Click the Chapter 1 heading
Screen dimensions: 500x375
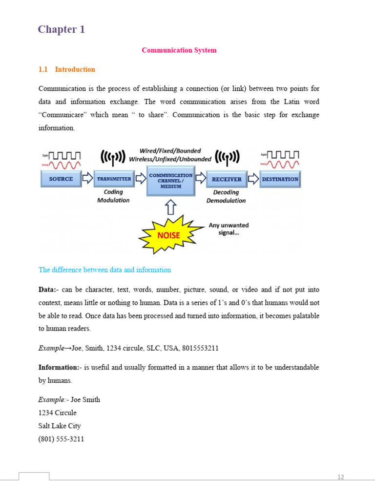click(62, 29)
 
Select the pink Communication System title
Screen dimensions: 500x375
click(179, 50)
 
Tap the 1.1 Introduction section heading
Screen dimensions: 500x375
click(66, 69)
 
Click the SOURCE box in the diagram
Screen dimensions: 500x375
click(61, 179)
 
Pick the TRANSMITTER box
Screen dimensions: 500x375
click(114, 179)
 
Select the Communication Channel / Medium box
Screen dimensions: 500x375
click(170, 180)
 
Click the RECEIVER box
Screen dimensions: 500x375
click(226, 179)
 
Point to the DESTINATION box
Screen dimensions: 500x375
click(280, 179)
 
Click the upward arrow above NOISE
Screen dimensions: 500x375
click(170, 208)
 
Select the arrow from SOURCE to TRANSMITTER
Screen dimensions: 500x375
click(87, 179)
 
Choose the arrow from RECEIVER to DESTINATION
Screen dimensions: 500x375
click(253, 179)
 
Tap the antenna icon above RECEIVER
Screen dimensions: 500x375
click(228, 157)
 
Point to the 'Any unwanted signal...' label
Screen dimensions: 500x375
click(229, 229)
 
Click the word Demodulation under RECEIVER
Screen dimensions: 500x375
click(226, 200)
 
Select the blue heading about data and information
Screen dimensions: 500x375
click(104, 270)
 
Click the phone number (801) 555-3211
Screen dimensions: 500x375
click(61, 439)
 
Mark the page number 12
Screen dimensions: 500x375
click(341, 477)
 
